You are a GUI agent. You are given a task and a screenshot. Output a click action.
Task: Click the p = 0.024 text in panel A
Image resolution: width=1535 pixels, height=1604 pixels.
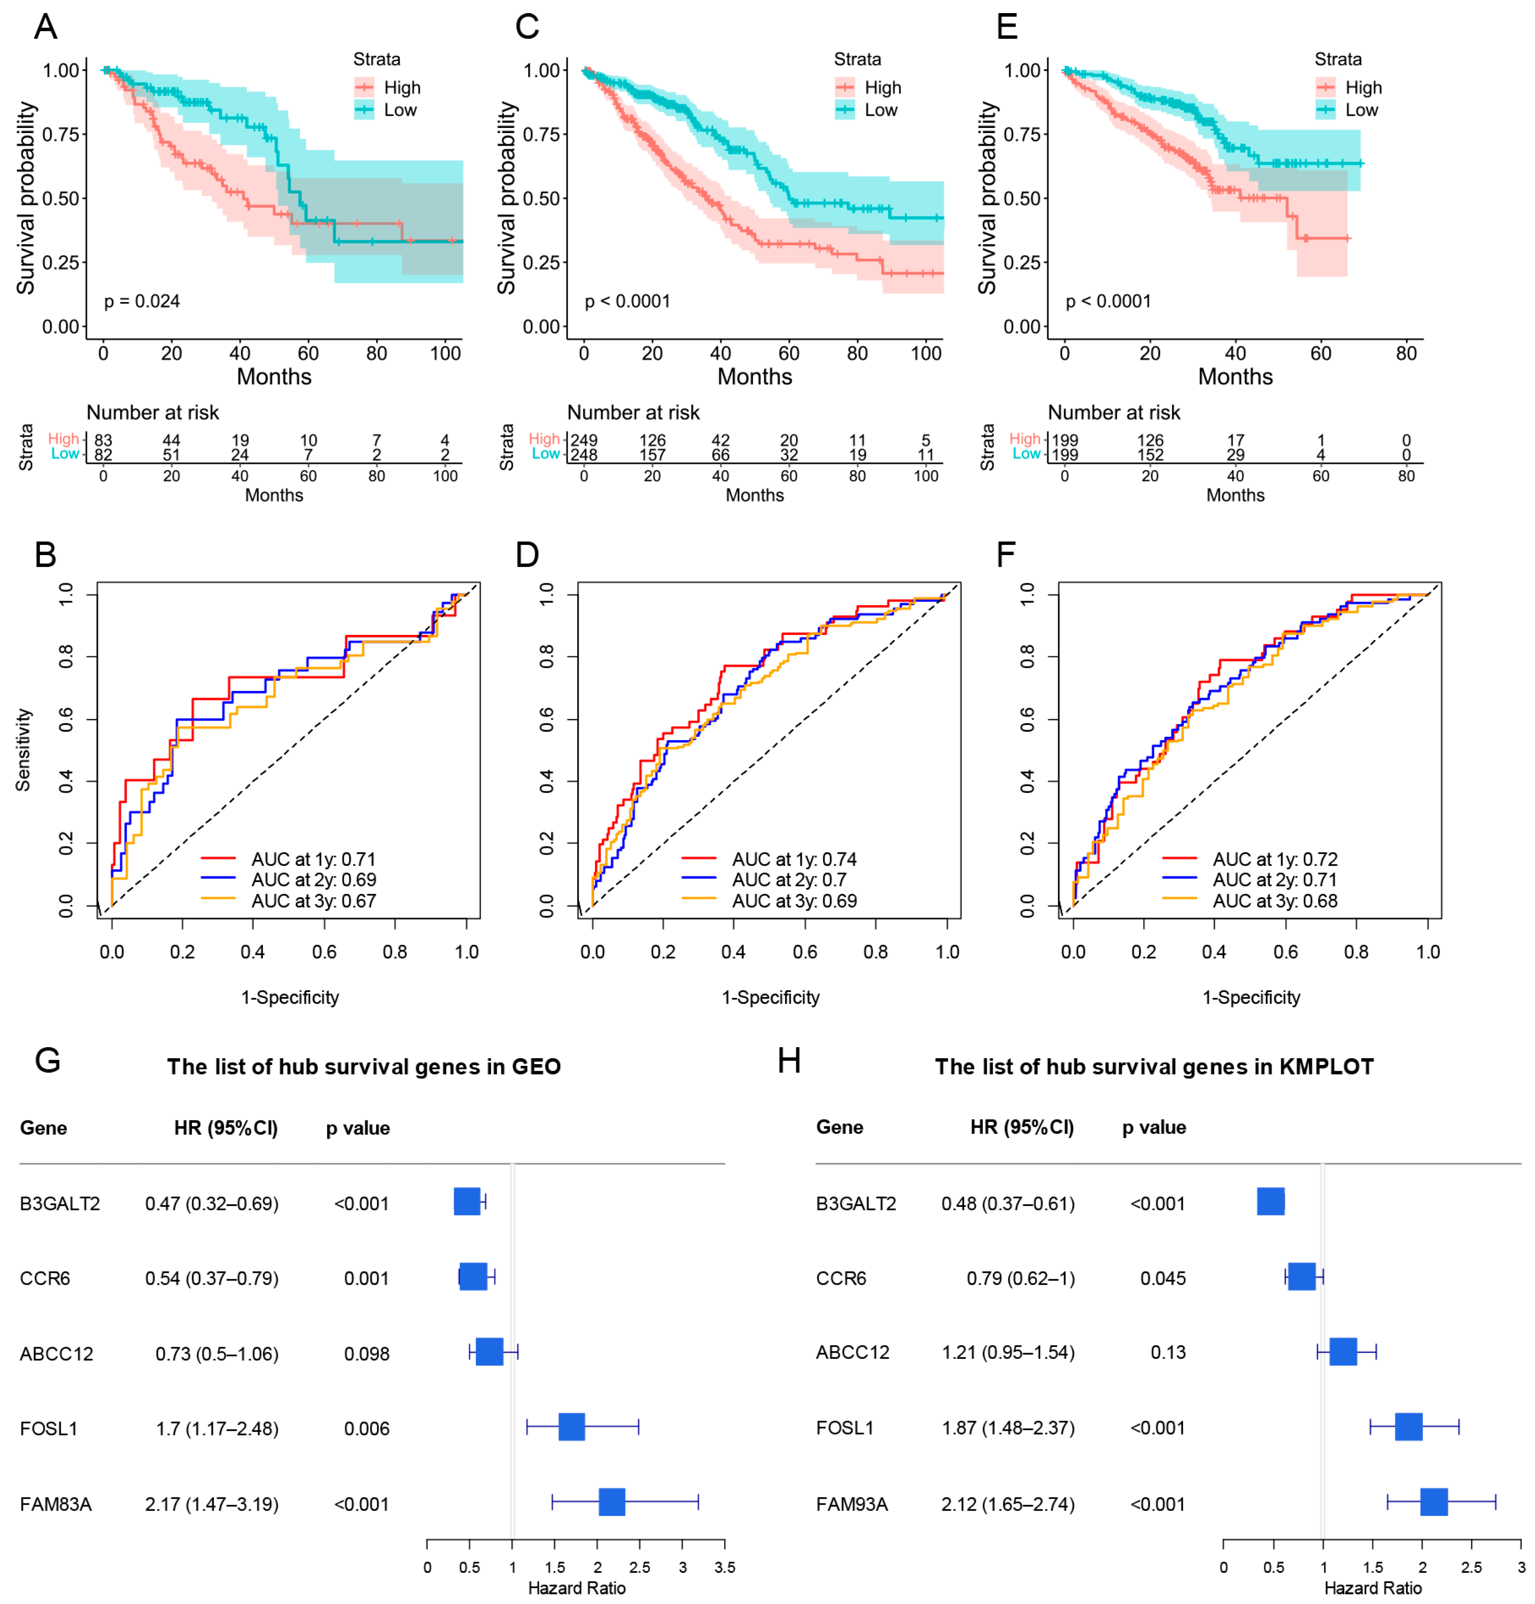(x=142, y=301)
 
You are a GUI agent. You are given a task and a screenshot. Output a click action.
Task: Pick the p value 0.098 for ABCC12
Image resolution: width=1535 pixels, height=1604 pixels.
(x=367, y=1353)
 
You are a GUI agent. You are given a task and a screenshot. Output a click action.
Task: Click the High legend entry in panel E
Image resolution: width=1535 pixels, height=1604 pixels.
(x=1362, y=87)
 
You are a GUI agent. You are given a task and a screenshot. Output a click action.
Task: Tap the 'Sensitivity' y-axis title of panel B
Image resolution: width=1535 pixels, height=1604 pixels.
(x=23, y=750)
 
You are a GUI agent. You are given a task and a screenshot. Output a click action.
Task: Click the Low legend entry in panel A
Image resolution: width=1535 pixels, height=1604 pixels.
(x=400, y=110)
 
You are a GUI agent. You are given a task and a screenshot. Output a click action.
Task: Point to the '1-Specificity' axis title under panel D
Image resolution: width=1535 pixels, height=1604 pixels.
(x=770, y=998)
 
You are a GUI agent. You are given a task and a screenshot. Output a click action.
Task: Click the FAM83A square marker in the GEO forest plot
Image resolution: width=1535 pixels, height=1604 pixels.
(x=612, y=1503)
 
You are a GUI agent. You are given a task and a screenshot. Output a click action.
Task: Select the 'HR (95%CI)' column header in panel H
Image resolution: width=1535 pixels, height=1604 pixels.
(x=1022, y=1127)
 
